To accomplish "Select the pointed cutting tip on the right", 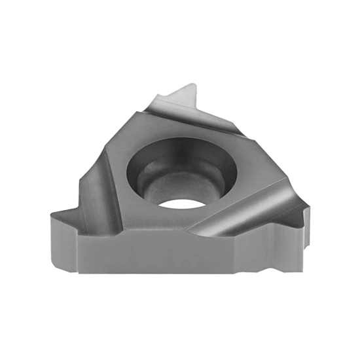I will pyautogui.click(x=308, y=208).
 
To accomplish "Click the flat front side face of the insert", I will pyautogui.click(x=164, y=251).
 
